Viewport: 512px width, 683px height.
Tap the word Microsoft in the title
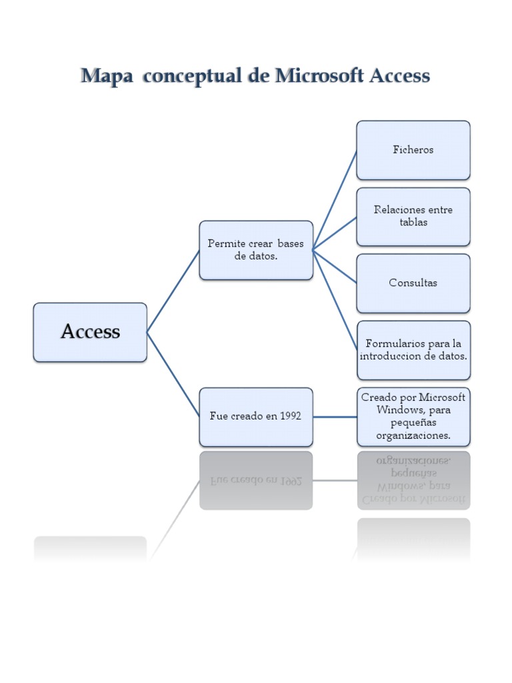click(313, 76)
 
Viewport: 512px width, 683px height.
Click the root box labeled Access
click(90, 332)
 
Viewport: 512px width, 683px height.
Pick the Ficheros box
click(413, 150)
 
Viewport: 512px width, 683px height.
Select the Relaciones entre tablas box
click(413, 216)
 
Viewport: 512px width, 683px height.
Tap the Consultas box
click(413, 283)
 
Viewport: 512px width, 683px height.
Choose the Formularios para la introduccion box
click(413, 350)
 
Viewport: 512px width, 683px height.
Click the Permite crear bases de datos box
click(256, 250)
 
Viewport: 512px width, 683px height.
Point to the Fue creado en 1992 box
click(256, 417)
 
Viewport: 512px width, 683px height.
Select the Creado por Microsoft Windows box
click(413, 417)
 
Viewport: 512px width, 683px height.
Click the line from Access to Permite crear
click(173, 291)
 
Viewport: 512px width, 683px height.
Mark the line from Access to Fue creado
click(173, 374)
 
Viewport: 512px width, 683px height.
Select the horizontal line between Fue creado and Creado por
click(335, 417)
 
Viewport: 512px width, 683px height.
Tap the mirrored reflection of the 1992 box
click(256, 480)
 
